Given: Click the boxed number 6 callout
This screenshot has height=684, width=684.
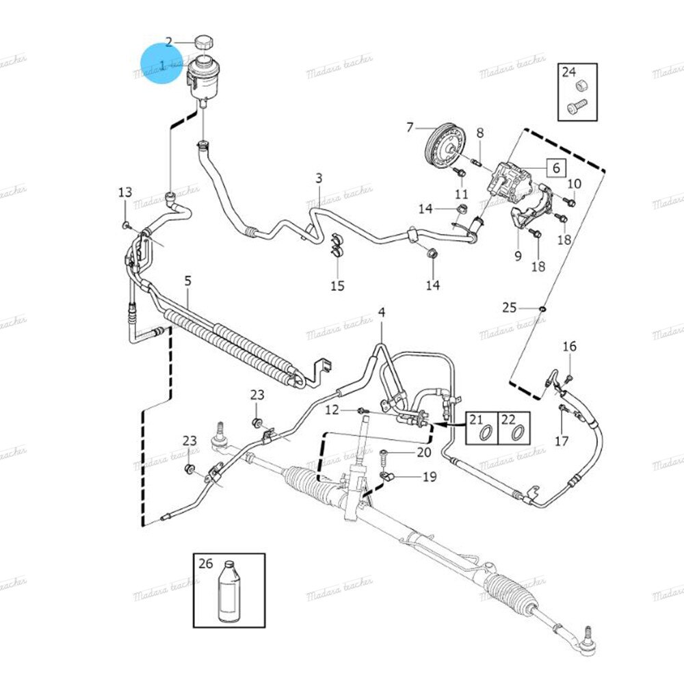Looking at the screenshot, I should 555,168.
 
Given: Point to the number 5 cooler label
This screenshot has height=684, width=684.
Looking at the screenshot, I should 188,280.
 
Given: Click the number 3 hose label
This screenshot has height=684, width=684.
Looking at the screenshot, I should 319,179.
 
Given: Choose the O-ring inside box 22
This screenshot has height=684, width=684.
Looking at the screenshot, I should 518,432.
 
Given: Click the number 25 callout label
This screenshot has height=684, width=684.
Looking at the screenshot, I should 509,308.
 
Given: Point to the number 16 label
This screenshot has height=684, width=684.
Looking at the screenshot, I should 570,347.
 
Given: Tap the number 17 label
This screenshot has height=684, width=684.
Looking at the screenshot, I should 562,441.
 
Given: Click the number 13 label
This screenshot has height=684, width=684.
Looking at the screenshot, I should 124,192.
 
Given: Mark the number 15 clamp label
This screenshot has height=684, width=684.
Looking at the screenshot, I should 338,286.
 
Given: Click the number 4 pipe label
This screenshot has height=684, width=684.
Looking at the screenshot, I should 382,313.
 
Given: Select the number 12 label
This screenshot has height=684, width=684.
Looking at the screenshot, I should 332,410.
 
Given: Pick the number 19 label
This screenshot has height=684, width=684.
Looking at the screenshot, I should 429,477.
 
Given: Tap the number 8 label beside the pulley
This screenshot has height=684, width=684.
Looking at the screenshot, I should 479,132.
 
